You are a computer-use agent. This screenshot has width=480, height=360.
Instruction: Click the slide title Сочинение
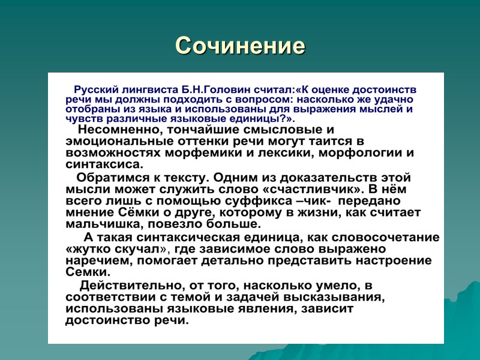point(240,46)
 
